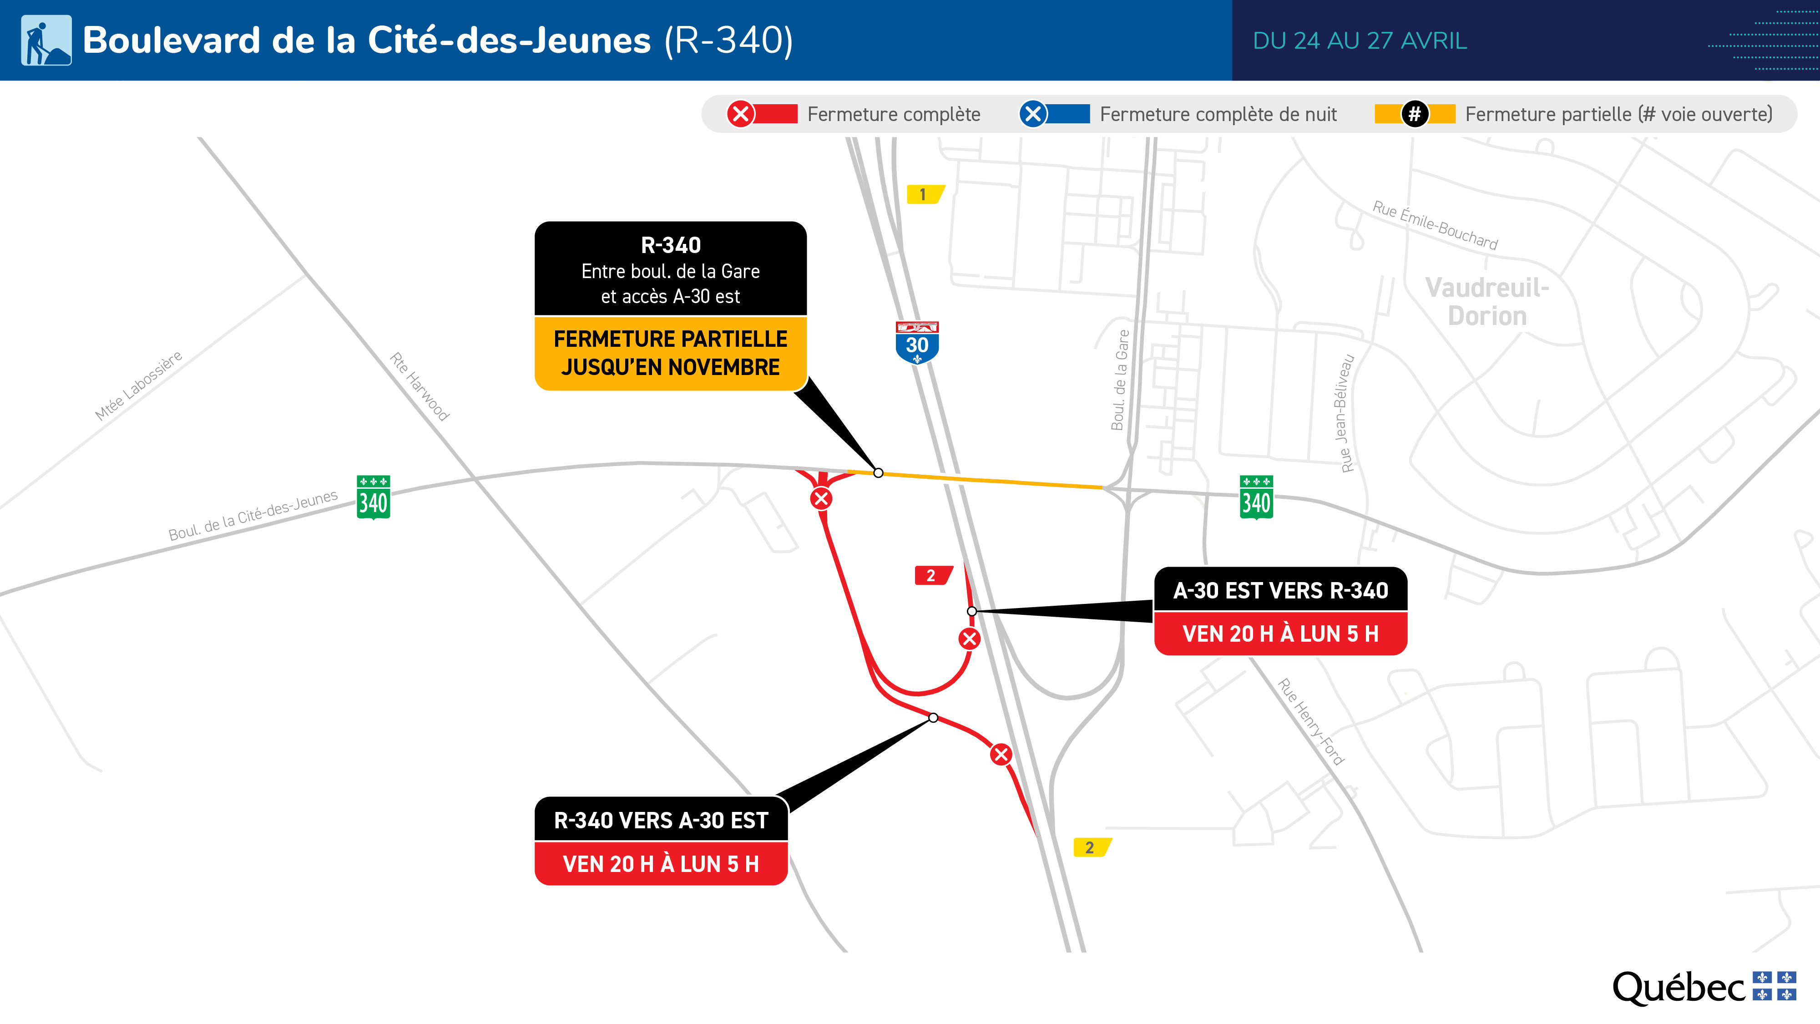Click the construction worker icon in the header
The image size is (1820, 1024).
46,41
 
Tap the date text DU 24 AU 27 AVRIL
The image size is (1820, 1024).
1360,41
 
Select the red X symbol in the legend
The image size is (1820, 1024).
740,114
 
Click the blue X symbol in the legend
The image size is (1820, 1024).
1032,114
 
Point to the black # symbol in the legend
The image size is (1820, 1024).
1415,114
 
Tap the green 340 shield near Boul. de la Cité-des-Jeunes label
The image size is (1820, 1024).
373,497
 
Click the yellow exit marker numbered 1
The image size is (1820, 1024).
924,194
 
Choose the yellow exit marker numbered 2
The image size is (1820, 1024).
1091,847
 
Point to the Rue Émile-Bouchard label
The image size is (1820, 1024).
1434,225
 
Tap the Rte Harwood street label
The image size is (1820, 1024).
420,386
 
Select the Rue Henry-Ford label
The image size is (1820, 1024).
1310,721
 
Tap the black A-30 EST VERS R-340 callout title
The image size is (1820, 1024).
1280,590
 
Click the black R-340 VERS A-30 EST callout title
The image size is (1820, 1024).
661,820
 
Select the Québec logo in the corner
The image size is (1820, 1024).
1703,987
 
